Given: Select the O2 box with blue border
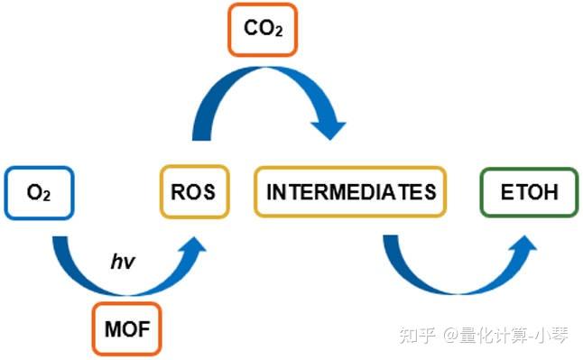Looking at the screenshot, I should coord(38,192).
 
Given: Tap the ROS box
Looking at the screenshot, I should coord(193,191).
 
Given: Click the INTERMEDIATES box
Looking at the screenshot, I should coord(350,191).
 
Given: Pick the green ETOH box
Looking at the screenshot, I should coord(529,191).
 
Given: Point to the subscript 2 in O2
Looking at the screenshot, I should coord(45,196).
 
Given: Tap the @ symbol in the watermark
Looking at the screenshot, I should coord(449,336).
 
